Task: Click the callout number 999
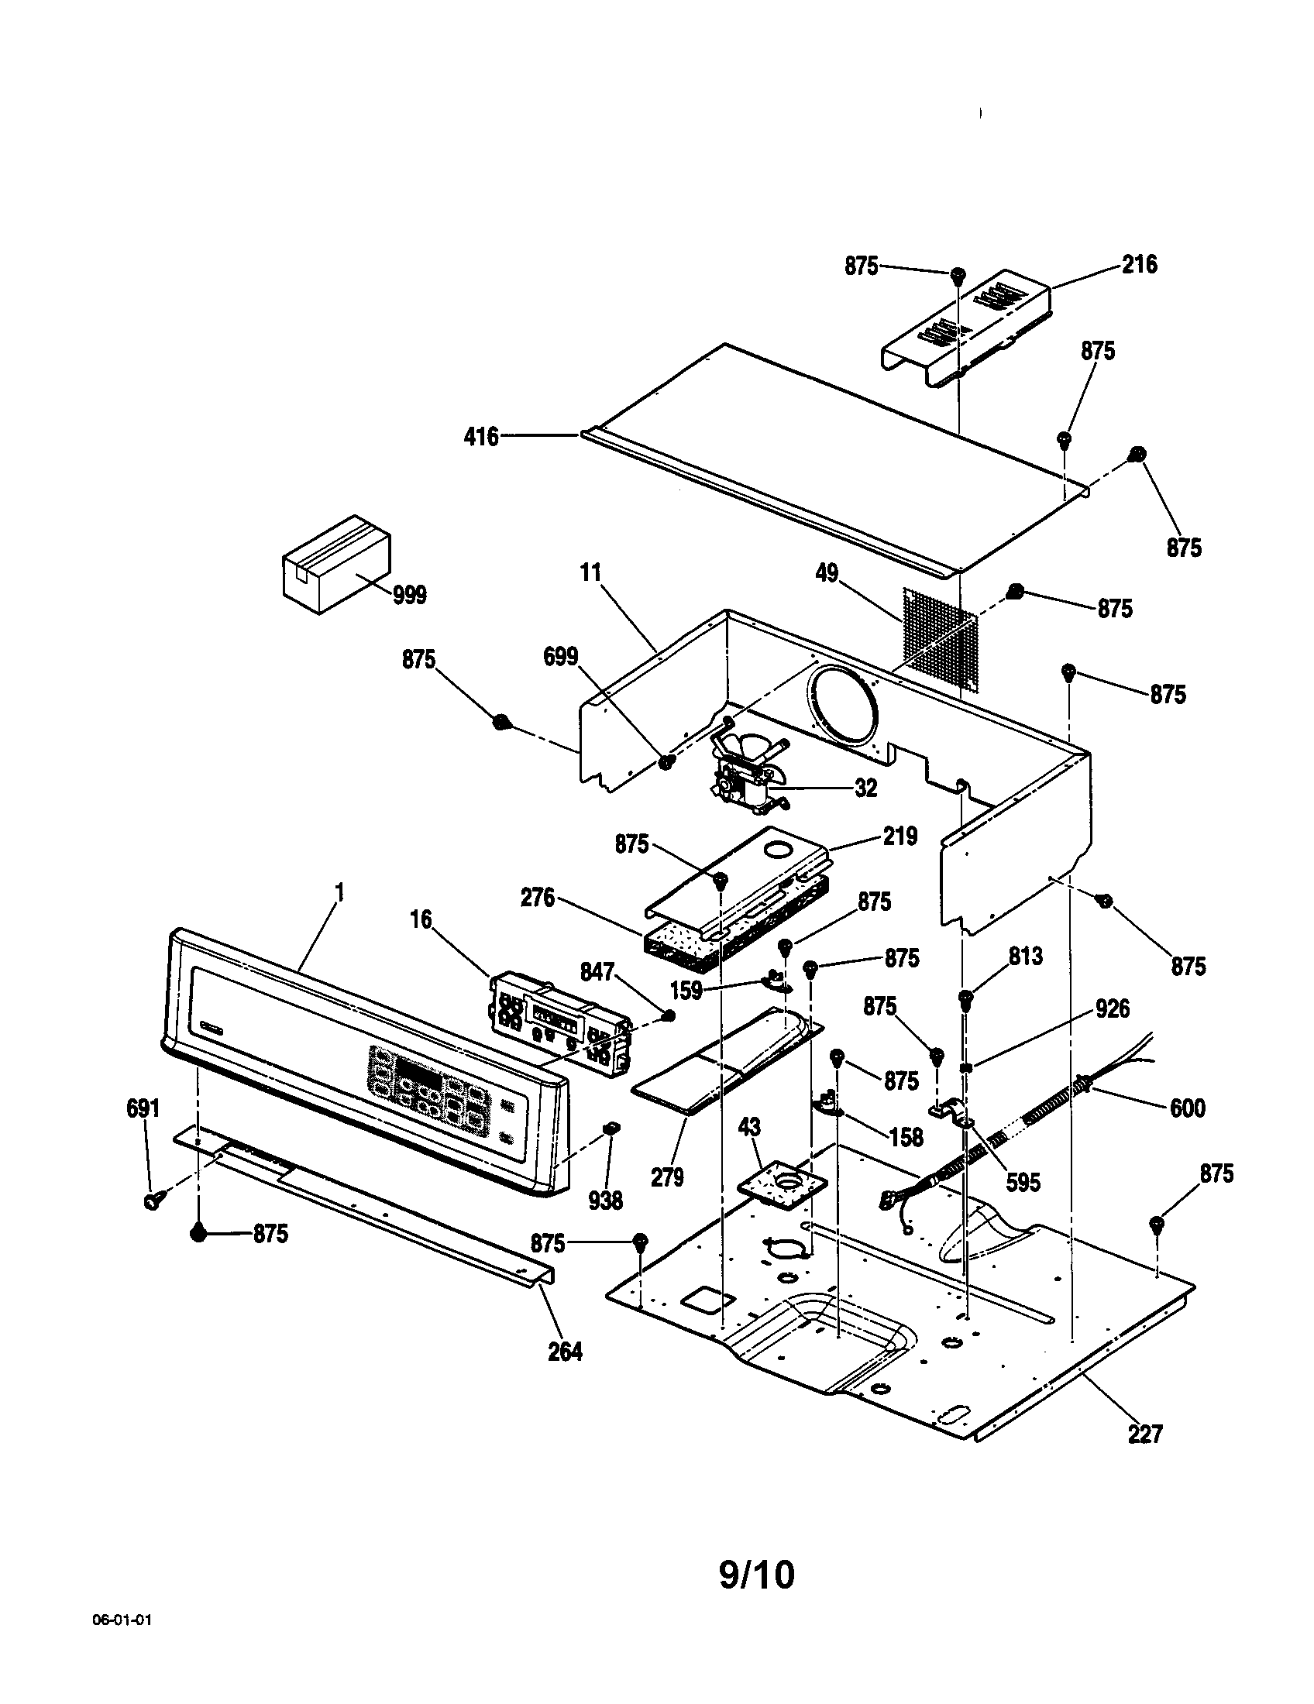[x=409, y=596]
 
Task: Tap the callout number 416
[x=480, y=437]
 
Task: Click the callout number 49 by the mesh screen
[x=827, y=573]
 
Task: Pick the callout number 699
[x=560, y=657]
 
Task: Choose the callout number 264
[x=565, y=1352]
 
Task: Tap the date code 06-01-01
[x=122, y=1641]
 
